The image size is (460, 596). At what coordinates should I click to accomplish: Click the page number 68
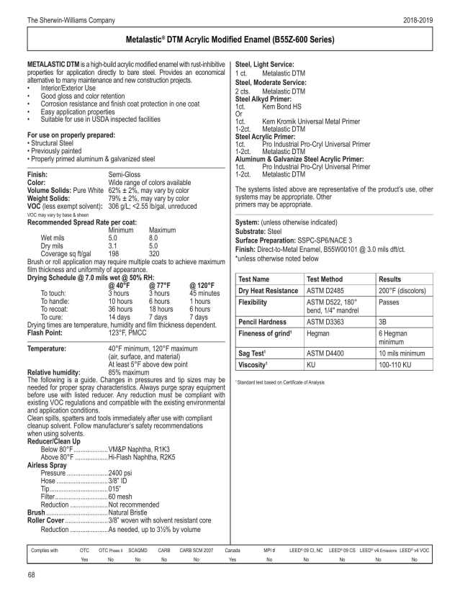(32, 574)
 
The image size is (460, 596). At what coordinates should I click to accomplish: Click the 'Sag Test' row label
(254, 353)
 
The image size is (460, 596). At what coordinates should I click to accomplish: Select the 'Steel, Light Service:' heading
(265, 65)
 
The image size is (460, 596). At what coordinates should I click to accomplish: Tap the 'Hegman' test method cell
(318, 335)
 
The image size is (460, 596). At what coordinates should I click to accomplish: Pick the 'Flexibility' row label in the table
(257, 303)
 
